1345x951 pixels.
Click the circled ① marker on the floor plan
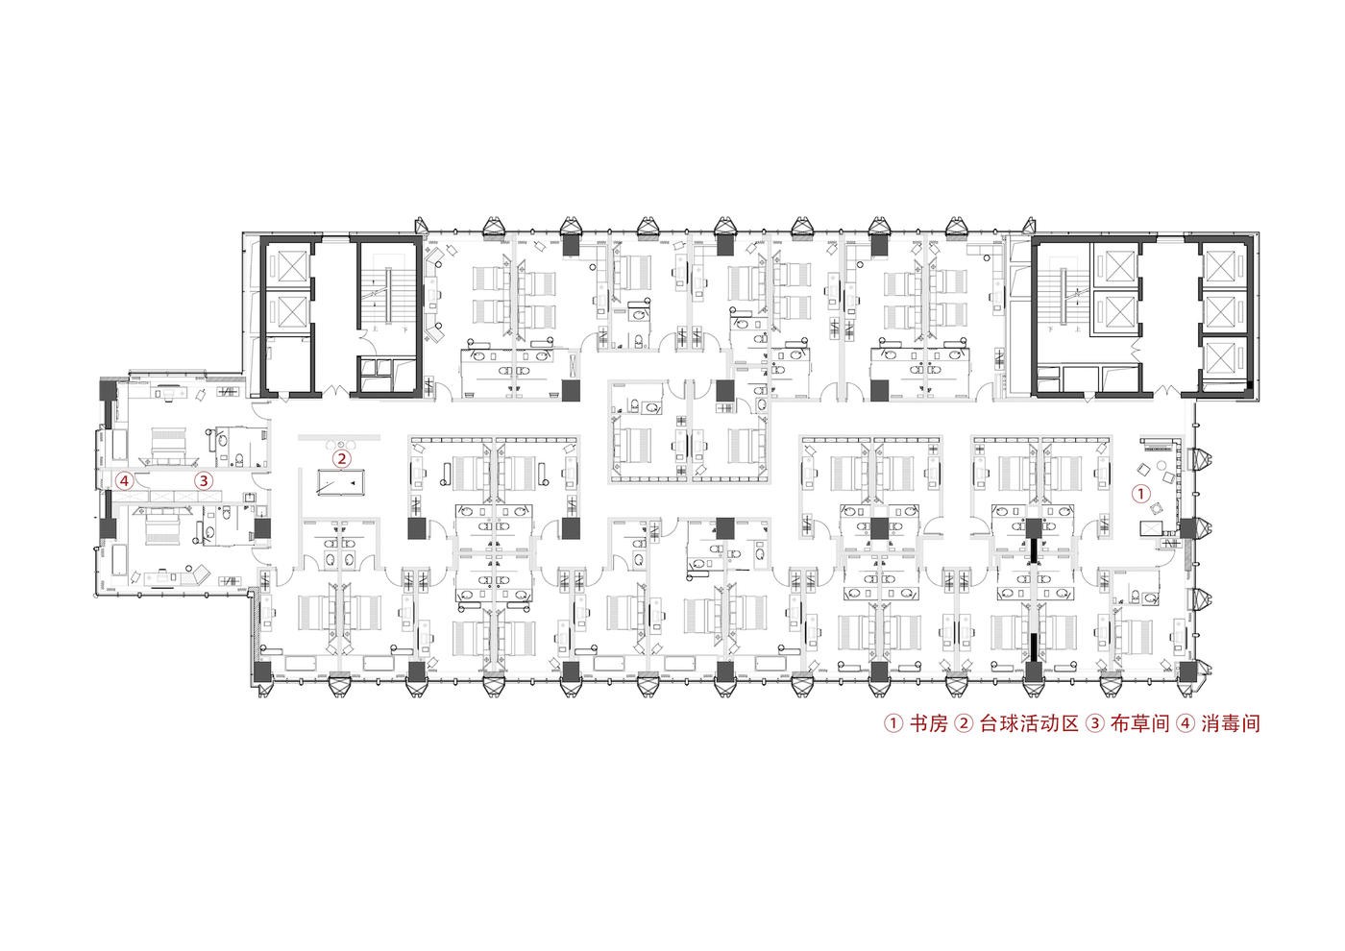(1141, 494)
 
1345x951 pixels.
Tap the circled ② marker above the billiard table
(342, 459)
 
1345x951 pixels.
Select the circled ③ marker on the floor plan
(204, 481)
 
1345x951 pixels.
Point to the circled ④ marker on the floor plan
(124, 481)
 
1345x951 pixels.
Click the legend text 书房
(928, 723)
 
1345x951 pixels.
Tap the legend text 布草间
(1139, 723)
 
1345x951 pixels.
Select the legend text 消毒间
(1231, 723)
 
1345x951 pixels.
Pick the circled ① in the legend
(893, 724)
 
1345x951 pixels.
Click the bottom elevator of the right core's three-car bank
(1224, 357)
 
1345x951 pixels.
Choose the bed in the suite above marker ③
(169, 443)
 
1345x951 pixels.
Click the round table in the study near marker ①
(1161, 465)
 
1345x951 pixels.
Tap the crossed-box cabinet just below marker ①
(1152, 529)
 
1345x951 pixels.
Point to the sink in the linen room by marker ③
(249, 497)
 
